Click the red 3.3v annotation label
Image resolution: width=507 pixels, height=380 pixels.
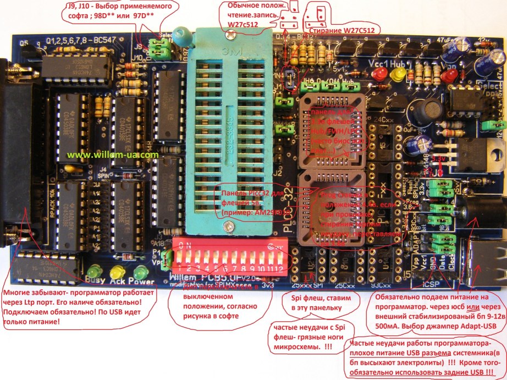pyautogui.click(x=439, y=158)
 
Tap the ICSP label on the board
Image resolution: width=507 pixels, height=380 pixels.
pyautogui.click(x=432, y=284)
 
